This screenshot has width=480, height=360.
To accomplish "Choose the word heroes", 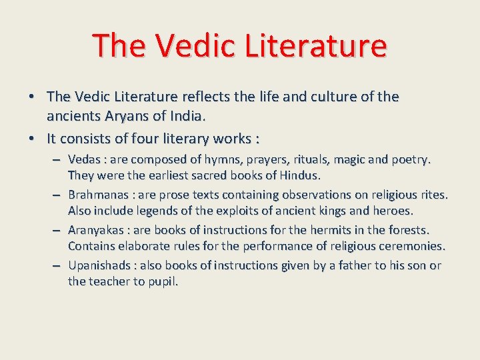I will click(x=393, y=211).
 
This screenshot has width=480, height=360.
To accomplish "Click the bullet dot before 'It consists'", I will click(x=31, y=139).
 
